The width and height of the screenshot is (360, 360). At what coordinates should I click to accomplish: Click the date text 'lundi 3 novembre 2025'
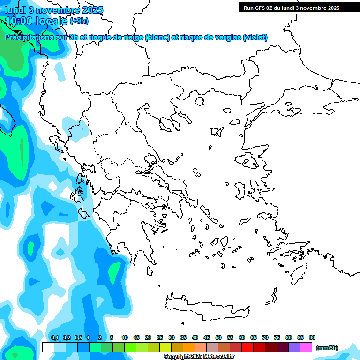54,10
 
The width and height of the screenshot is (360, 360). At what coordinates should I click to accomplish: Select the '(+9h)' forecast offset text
79,21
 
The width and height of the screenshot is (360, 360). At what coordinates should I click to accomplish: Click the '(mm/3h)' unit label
327,348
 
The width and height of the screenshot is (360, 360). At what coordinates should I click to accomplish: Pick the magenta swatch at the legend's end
306,347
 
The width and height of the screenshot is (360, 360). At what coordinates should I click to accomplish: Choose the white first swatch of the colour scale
48,347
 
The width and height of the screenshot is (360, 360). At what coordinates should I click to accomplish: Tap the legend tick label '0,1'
54,338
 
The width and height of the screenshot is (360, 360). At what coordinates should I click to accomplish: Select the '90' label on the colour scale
312,338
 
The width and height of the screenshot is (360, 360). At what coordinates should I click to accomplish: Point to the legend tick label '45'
207,338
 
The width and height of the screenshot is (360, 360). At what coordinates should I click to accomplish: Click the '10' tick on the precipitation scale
125,338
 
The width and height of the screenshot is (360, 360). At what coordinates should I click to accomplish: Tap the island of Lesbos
249,161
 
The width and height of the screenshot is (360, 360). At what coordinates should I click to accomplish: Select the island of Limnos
216,132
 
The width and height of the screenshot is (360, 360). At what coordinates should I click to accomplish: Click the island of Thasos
199,101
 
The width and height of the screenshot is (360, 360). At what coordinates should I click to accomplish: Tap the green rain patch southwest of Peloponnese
114,272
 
